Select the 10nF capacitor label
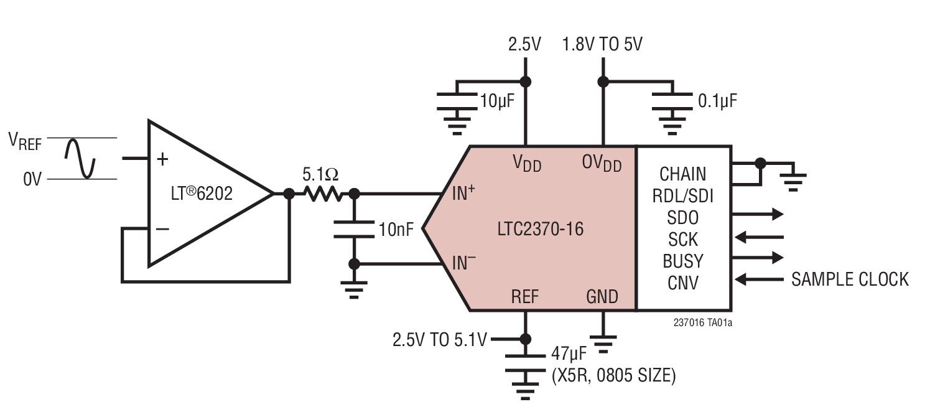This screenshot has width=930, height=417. tap(396, 230)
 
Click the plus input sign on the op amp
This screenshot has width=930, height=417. tap(162, 159)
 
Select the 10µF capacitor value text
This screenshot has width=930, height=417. tap(497, 100)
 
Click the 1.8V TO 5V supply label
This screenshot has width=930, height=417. tap(602, 45)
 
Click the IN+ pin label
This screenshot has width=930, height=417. tap(463, 194)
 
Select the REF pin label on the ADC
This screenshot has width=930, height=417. tap(525, 296)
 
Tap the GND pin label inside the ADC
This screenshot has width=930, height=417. tap(602, 296)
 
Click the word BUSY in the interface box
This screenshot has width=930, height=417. tap(683, 260)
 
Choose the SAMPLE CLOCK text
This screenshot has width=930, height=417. tap(850, 279)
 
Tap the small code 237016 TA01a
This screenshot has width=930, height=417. tap(702, 324)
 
